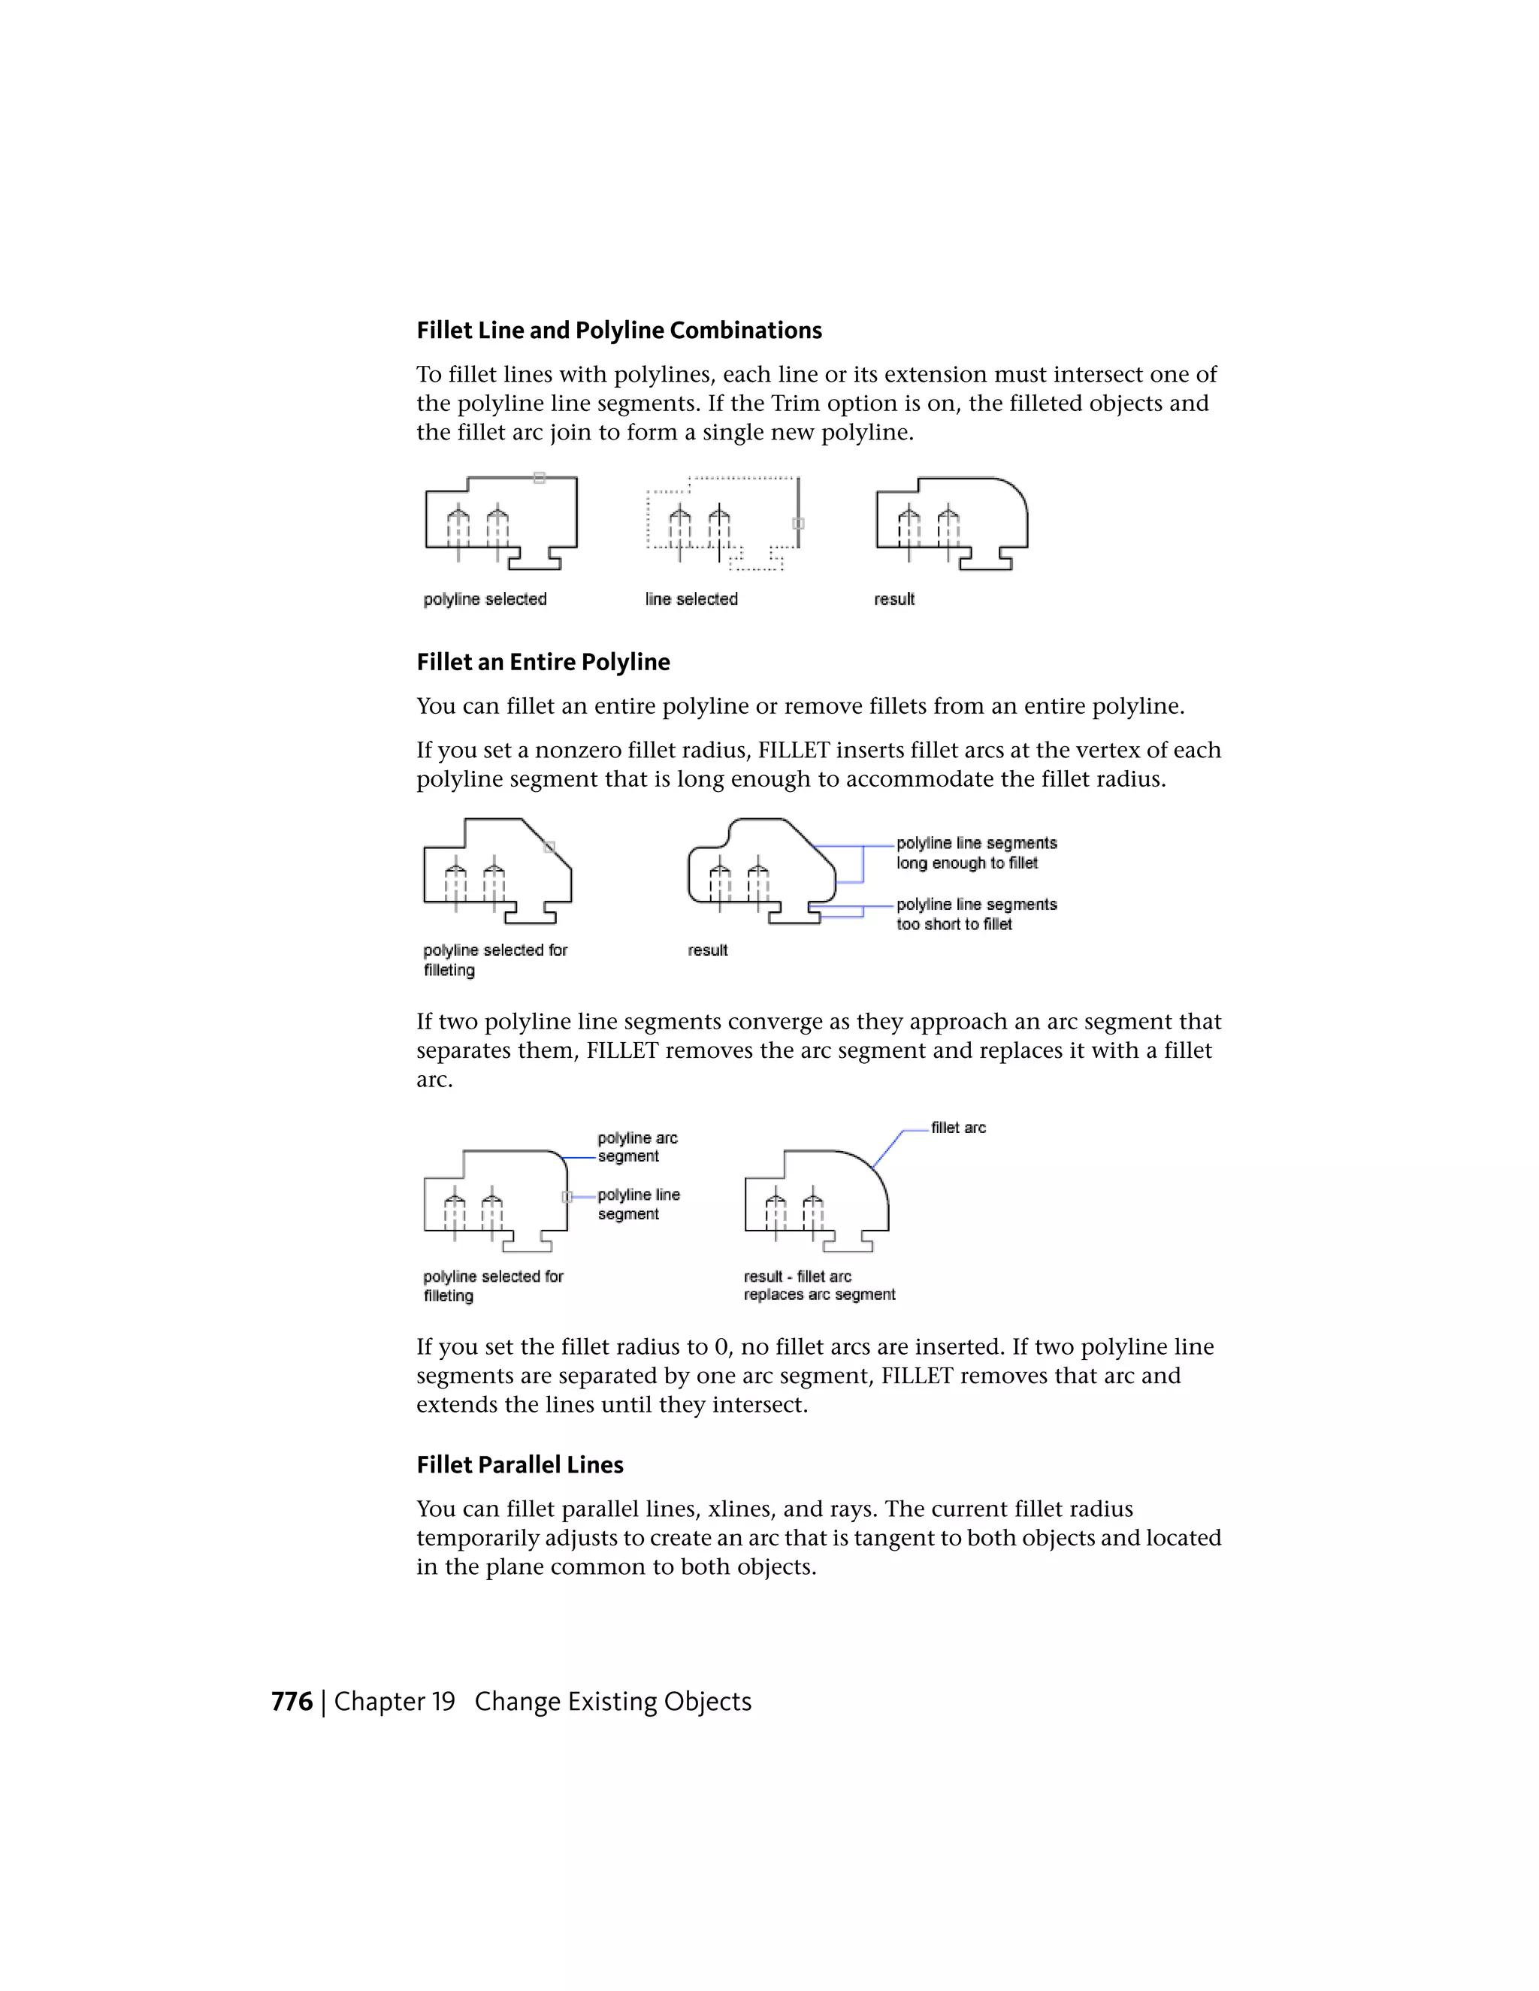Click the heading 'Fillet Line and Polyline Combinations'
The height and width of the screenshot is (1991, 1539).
click(x=619, y=330)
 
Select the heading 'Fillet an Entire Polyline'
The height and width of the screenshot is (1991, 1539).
click(x=543, y=662)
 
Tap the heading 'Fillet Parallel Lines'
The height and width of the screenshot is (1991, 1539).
click(x=520, y=1464)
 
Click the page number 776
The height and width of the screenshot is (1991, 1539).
click(x=292, y=1701)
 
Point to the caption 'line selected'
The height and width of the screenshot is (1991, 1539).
click(x=691, y=599)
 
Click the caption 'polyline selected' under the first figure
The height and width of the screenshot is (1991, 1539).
click(x=485, y=599)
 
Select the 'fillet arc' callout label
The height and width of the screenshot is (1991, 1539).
click(x=958, y=1128)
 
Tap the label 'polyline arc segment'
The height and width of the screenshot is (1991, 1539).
click(x=637, y=1147)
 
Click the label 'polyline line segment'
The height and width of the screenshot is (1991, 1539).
click(x=638, y=1204)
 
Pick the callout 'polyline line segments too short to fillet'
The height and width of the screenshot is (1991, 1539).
click(x=975, y=914)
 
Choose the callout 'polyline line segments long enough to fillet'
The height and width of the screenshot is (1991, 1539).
click(x=975, y=853)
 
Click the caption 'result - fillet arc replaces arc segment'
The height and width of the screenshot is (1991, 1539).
click(x=819, y=1286)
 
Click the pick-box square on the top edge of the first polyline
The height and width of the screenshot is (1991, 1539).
click(x=540, y=478)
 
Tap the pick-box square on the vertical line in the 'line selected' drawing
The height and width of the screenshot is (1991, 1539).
click(x=799, y=523)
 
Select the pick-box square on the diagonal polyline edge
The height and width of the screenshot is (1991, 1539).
click(x=549, y=847)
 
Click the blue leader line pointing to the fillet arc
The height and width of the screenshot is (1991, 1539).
click(x=889, y=1148)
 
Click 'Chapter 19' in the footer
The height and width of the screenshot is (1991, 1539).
click(x=394, y=1701)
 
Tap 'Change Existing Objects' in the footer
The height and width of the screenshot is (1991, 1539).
click(x=612, y=1701)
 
